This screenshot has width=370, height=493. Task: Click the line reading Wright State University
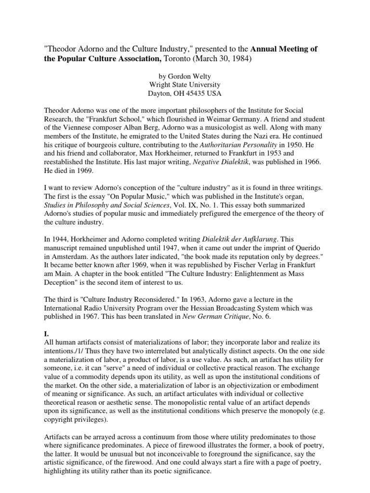coord(184,85)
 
